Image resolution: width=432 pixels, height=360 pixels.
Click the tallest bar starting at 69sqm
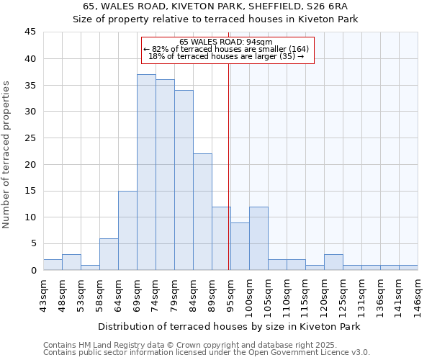(x=146, y=172)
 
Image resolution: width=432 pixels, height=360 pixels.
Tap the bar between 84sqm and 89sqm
(x=202, y=212)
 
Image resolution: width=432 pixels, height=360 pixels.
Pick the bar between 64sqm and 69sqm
(x=127, y=230)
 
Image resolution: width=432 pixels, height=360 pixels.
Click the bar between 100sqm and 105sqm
(x=258, y=238)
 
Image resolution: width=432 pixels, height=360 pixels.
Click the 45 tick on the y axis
(x=30, y=32)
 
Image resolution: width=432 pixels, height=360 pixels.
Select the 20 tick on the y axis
(x=30, y=164)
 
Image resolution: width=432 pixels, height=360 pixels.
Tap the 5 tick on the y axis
(x=32, y=243)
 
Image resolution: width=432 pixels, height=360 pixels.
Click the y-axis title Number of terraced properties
(x=6, y=154)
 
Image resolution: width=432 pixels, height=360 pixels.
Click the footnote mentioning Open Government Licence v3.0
(x=207, y=353)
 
